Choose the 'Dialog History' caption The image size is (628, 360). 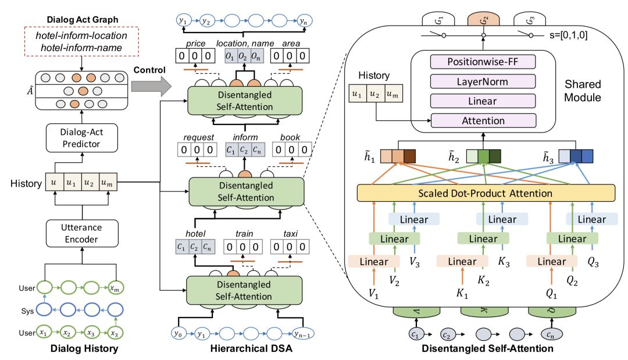pos(85,349)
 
